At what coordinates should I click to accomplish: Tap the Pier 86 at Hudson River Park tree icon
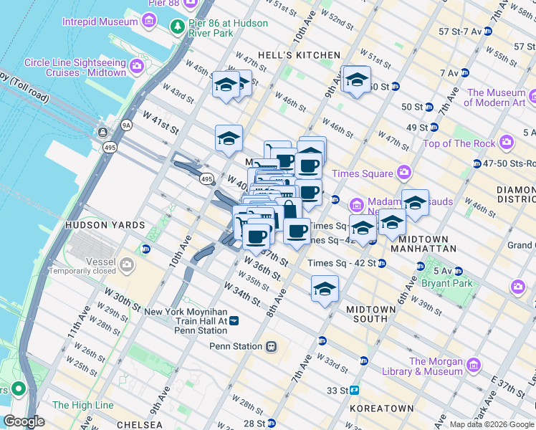coord(177,27)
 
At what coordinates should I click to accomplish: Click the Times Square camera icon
coord(404,173)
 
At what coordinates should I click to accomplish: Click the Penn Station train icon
coord(271,347)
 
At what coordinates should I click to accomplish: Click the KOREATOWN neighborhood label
coord(382,408)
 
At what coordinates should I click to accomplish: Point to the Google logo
coord(24,421)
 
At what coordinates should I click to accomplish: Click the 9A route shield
coord(127,125)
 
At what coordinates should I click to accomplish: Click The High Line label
coord(82,405)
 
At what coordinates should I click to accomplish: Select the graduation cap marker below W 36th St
coord(325,290)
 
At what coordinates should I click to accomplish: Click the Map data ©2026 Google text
coord(492,424)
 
